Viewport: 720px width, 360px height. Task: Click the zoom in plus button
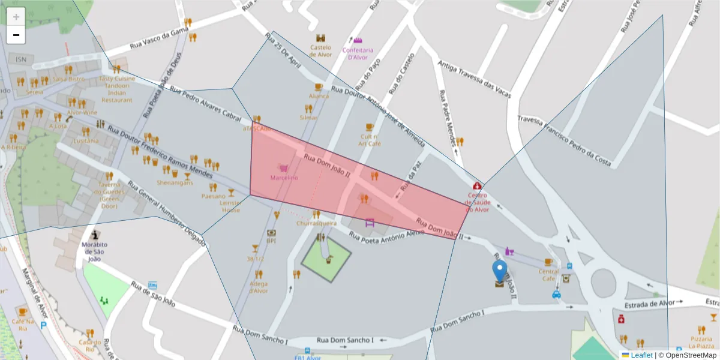[x=16, y=17]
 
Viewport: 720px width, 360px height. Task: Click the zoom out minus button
[x=16, y=35]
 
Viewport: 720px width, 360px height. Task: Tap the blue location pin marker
[x=499, y=272]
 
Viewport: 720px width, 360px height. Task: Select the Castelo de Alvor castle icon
[x=321, y=38]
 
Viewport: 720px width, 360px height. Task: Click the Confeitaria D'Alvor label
[x=358, y=53]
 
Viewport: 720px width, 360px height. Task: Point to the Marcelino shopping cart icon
[x=282, y=169]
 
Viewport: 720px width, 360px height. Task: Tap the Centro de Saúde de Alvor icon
[x=477, y=186]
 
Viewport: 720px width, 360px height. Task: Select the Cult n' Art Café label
[x=370, y=140]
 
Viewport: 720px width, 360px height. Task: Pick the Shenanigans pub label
[x=175, y=182]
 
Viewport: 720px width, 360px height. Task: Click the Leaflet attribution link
[x=641, y=355]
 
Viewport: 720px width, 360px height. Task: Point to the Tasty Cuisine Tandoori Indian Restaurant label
[x=117, y=89]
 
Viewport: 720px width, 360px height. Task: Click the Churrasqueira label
[x=316, y=223]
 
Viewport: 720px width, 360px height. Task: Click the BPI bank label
[x=271, y=241]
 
